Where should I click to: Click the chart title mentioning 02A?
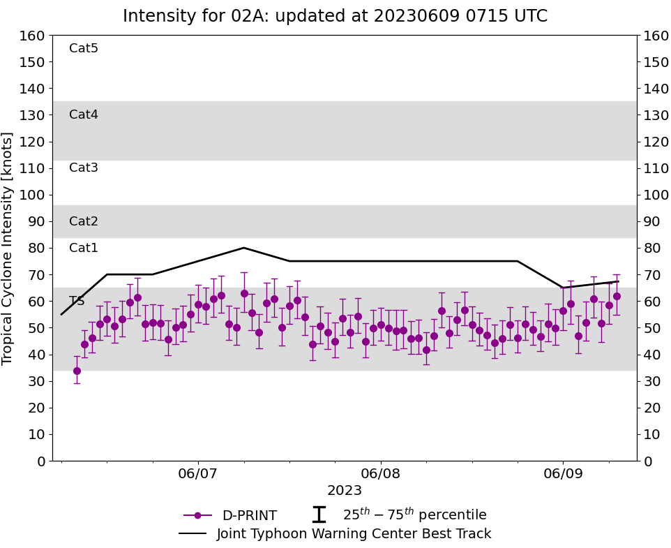click(335, 16)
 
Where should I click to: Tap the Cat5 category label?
click(84, 48)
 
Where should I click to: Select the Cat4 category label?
click(84, 114)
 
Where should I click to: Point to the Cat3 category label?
click(84, 168)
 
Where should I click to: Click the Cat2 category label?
click(84, 221)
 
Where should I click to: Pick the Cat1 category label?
click(84, 248)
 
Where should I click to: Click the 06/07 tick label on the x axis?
click(198, 474)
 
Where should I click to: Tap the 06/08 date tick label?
click(381, 474)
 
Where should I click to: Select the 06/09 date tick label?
click(564, 474)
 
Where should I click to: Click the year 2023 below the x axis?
click(345, 490)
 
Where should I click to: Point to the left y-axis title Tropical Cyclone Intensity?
click(8, 248)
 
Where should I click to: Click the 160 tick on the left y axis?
click(33, 36)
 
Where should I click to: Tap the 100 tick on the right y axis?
click(655, 195)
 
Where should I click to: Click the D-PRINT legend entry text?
click(249, 516)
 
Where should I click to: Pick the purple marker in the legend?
click(197, 515)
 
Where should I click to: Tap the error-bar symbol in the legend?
click(319, 514)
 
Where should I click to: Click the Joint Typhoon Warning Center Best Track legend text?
click(354, 534)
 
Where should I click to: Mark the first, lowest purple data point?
click(77, 371)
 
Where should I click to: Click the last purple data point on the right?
click(617, 296)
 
